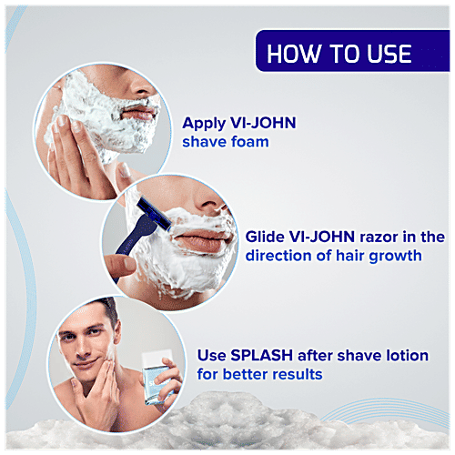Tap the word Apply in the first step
click(x=202, y=123)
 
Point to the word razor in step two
click(x=372, y=237)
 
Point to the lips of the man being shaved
click(x=202, y=243)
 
